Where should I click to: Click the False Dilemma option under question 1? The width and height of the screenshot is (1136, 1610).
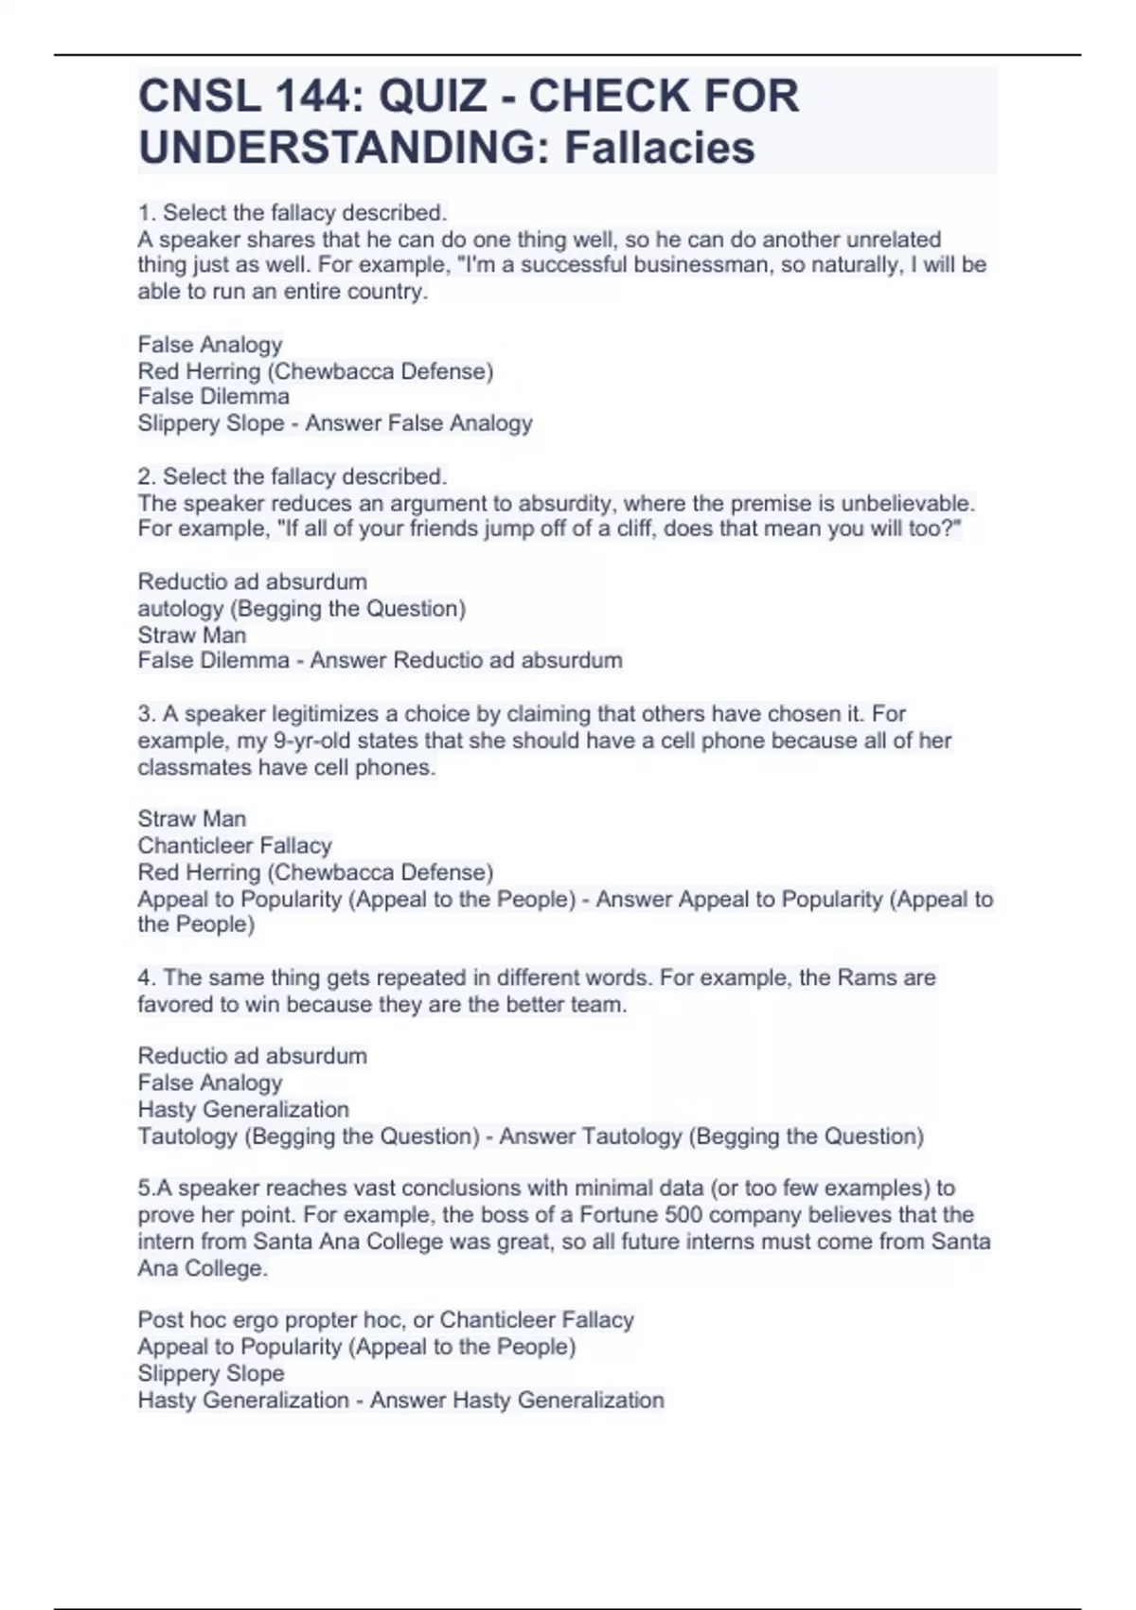[213, 397]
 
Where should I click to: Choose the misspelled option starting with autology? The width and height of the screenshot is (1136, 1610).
[301, 609]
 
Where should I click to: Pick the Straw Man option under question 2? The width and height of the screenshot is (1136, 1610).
[191, 635]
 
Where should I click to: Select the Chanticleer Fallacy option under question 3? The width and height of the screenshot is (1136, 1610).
[235, 845]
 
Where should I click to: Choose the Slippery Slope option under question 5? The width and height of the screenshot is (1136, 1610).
[210, 1373]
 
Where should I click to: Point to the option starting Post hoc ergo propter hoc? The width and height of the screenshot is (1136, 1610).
[385, 1320]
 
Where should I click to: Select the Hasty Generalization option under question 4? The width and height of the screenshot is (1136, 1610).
[243, 1109]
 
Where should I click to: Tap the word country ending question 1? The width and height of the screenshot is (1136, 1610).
[387, 292]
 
